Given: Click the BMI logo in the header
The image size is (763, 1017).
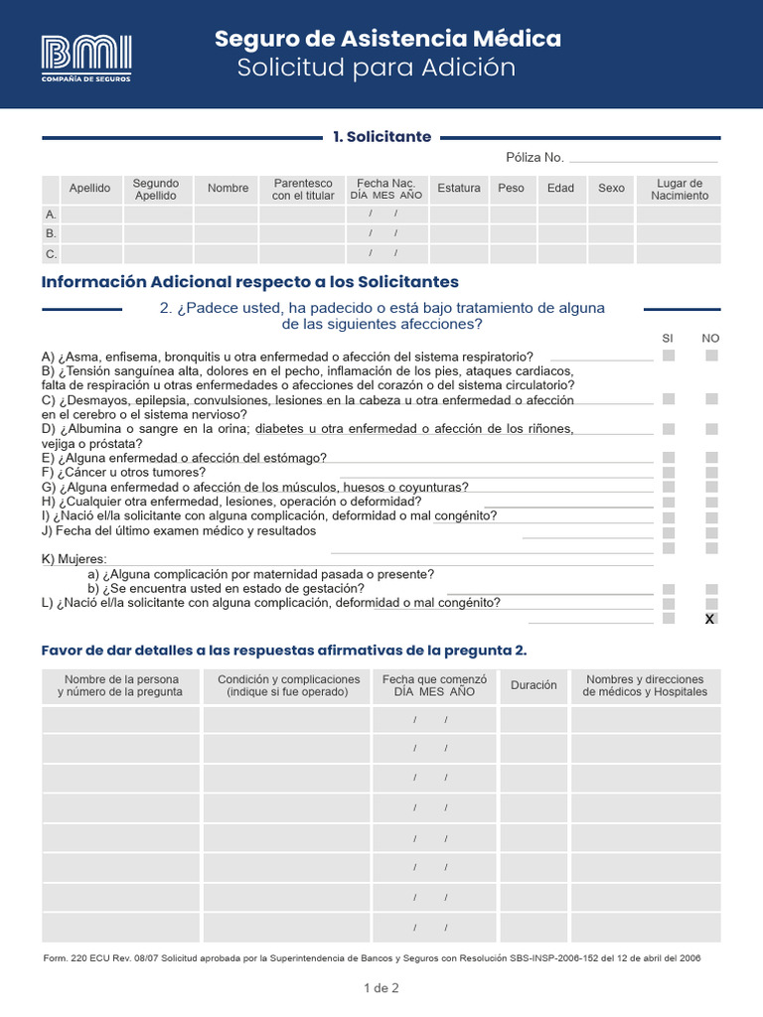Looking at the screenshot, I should pyautogui.click(x=85, y=58).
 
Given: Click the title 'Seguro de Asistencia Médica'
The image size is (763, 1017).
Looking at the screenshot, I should pyautogui.click(x=387, y=39).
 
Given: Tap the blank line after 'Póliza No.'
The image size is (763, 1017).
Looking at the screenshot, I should pyautogui.click(x=643, y=158).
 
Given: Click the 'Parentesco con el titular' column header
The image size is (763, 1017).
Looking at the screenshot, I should pyautogui.click(x=303, y=189).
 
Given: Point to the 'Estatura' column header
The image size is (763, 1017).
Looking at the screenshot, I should pyautogui.click(x=458, y=189).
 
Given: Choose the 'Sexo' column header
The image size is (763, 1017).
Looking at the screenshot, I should pyautogui.click(x=611, y=189).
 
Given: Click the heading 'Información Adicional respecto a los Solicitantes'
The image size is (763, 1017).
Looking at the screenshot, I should pyautogui.click(x=250, y=282).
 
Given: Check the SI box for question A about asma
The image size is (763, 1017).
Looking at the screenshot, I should pyautogui.click(x=669, y=356).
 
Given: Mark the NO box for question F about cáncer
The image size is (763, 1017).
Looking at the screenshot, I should pyautogui.click(x=711, y=473).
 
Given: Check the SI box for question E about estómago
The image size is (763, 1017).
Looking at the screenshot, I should pyautogui.click(x=669, y=458).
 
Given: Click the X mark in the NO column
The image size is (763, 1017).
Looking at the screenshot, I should pyautogui.click(x=709, y=620).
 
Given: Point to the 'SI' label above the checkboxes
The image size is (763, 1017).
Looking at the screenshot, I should pyautogui.click(x=668, y=339).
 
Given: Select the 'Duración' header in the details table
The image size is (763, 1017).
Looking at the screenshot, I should pyautogui.click(x=534, y=685).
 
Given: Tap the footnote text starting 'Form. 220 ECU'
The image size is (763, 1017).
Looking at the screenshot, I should pyautogui.click(x=372, y=958).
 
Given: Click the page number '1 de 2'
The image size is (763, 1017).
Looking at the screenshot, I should pyautogui.click(x=381, y=988).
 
